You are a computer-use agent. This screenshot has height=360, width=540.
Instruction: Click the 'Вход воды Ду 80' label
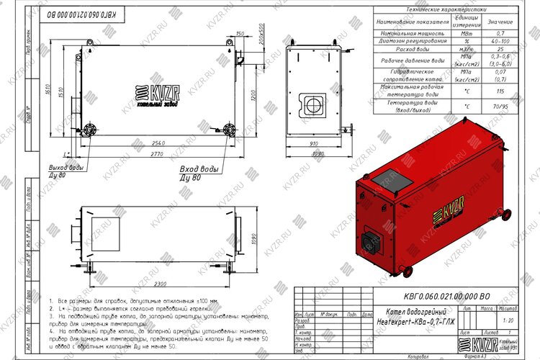199,173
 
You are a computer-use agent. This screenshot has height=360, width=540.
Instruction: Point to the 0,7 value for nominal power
500,34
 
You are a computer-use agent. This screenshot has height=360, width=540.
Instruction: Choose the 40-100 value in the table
500,41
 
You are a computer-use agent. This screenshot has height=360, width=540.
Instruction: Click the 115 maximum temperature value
500,91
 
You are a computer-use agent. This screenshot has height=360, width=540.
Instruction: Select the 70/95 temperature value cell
500,106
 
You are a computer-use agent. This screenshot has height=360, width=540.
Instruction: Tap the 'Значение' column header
500,22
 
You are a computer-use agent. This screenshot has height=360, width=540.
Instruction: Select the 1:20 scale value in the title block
510,319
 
